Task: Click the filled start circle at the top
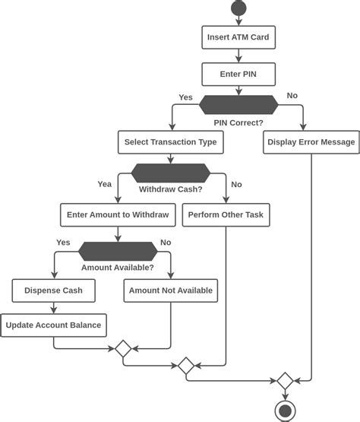tap(238, 8)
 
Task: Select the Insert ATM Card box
tap(238, 36)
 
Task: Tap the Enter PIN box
tap(238, 75)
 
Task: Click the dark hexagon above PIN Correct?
tap(238, 105)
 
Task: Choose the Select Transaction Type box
tap(171, 141)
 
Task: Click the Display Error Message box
tap(311, 141)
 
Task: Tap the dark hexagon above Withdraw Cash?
tap(171, 172)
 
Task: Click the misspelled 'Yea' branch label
tap(104, 183)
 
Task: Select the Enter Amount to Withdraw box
tap(118, 215)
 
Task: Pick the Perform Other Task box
tap(226, 215)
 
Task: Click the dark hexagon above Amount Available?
tap(118, 250)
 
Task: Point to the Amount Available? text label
tap(118, 268)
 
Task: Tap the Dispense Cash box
tap(53, 290)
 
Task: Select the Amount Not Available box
tap(171, 290)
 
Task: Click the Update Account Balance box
tap(53, 325)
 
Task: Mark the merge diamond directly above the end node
tap(285, 380)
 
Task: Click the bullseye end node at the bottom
tap(285, 411)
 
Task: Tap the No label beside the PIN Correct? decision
tap(292, 96)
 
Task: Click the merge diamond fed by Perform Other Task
tap(186, 366)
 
